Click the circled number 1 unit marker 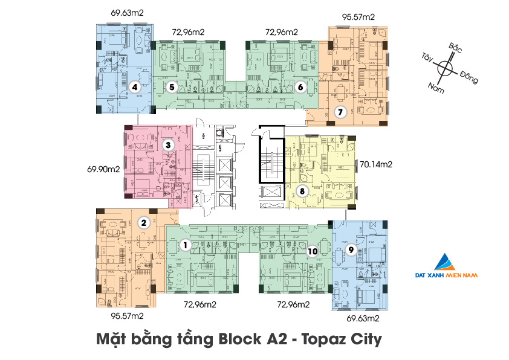pos(186,245)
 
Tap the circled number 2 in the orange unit pos(144,222)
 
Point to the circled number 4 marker pos(135,87)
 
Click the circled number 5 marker pos(172,87)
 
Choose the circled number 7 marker pos(340,112)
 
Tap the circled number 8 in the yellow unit pos(303,191)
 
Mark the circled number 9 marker pos(350,249)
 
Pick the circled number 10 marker pos(312,252)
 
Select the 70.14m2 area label pos(376,164)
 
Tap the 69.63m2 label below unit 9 pos(363,317)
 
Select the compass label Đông pos(469,77)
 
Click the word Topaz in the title pos(318,339)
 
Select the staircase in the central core pos(269,158)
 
